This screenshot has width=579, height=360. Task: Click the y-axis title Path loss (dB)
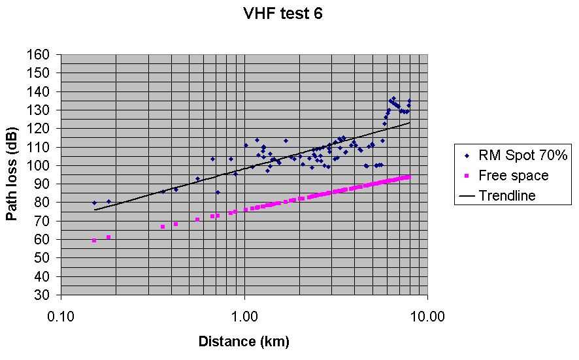12,174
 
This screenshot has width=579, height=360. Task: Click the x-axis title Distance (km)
244,341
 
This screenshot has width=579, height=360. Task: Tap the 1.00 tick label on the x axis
244,317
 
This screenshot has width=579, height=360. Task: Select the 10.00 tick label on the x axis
428,317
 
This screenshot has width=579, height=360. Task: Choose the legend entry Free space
513,175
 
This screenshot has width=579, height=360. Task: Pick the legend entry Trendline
506,195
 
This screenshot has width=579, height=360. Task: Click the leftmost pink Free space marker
94,240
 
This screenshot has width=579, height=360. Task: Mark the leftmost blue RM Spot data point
94,203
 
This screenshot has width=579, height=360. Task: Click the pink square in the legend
467,175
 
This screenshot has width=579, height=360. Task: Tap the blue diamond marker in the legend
467,155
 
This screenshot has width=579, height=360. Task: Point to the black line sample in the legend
467,195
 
